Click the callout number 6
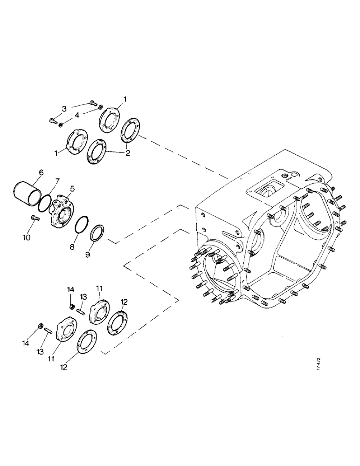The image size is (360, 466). click(x=41, y=172)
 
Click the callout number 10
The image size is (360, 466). click(x=27, y=237)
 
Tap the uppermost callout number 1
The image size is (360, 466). click(x=125, y=99)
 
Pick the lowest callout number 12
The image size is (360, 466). click(x=64, y=367)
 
